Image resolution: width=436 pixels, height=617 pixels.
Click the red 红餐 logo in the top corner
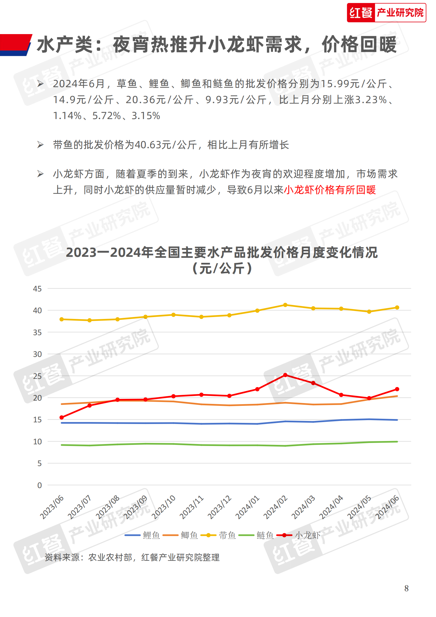tap(386, 13)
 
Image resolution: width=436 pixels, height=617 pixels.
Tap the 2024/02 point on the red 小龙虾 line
tap(285, 375)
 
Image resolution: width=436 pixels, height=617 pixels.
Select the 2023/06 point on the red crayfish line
tap(62, 417)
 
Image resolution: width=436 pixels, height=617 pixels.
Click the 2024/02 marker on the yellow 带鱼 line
tap(285, 305)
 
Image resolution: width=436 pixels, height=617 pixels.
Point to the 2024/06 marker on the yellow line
tap(397, 307)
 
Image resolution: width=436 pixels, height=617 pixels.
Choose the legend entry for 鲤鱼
tap(142, 535)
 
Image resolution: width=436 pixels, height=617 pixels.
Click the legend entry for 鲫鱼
tap(180, 535)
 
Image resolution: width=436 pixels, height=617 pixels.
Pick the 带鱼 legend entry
tap(218, 535)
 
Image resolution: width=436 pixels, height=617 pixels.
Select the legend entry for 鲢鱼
tap(256, 535)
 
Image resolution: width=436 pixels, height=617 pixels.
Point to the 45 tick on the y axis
tap(37, 289)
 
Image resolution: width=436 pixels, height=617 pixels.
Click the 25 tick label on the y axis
tap(37, 376)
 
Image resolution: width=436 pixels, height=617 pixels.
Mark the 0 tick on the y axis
tap(40, 485)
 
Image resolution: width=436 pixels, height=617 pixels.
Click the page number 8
tap(406, 588)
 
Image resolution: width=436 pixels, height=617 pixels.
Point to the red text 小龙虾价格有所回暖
tap(330, 190)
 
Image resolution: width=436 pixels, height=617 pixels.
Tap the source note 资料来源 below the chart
tap(132, 557)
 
